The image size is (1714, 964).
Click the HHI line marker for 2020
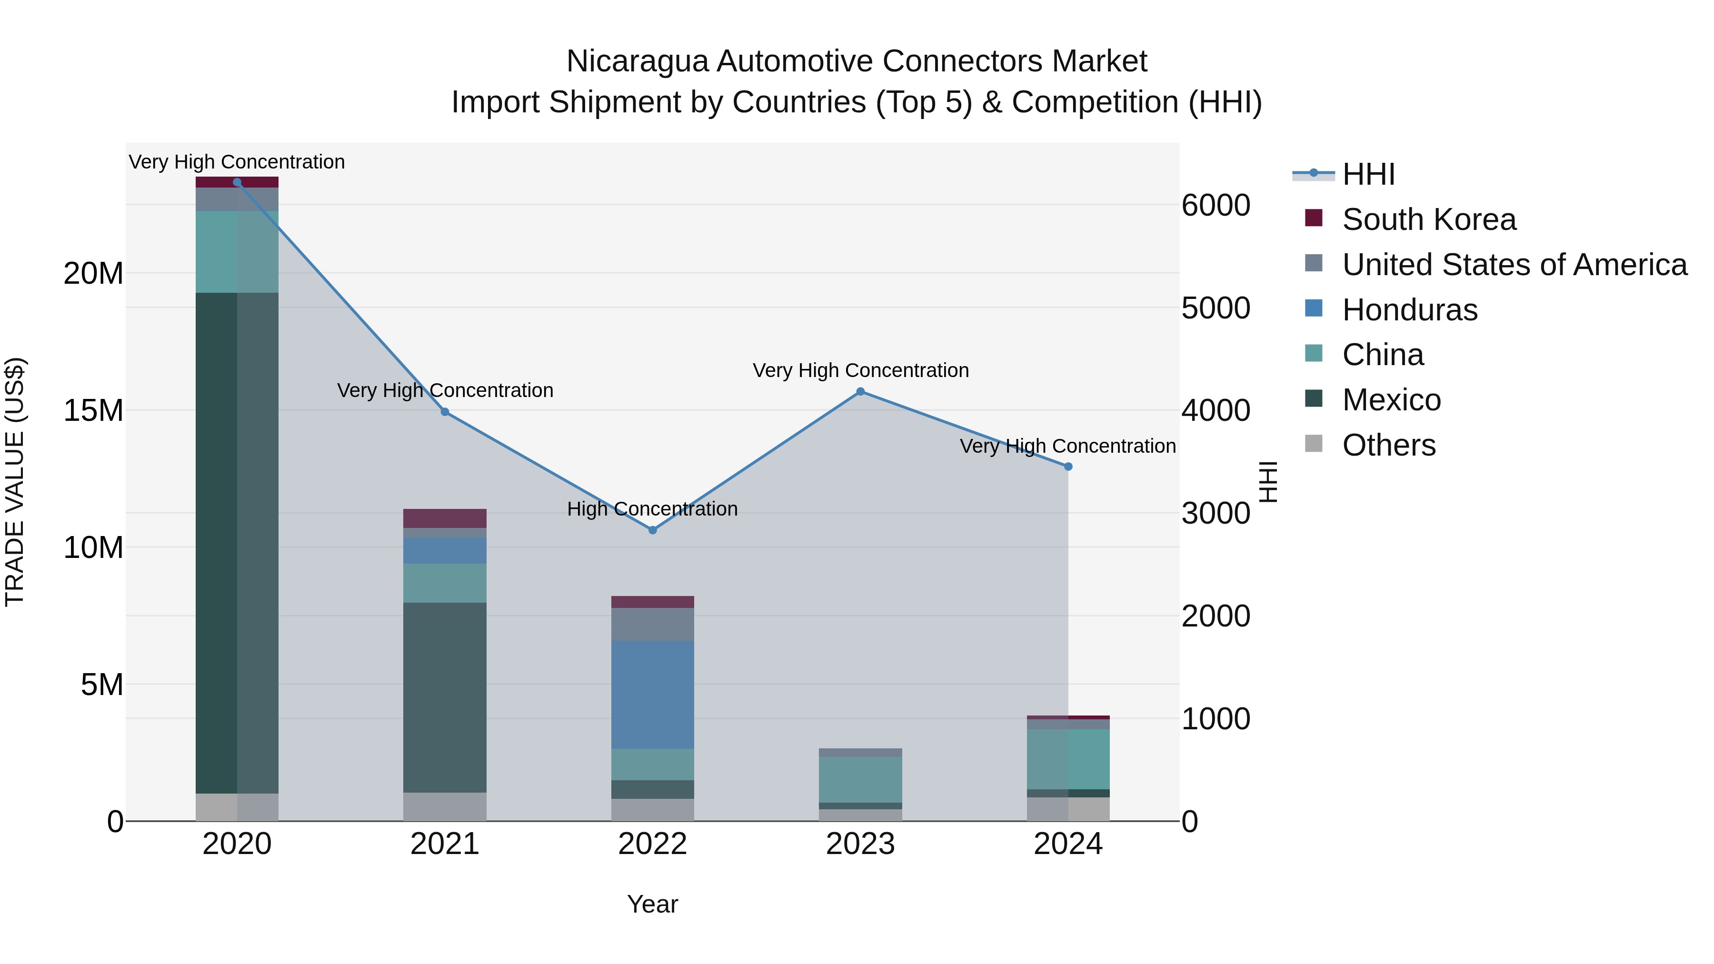pyautogui.click(x=237, y=182)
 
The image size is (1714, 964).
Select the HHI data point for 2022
pyautogui.click(x=652, y=530)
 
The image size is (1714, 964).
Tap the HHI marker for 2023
pyautogui.click(x=860, y=392)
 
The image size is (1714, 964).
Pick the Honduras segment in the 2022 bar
pyautogui.click(x=652, y=694)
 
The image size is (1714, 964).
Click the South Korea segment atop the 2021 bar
pyautogui.click(x=445, y=518)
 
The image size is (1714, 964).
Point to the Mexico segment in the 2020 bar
pyautogui.click(x=237, y=542)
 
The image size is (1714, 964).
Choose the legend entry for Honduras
pyautogui.click(x=1409, y=310)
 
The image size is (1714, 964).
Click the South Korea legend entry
pyautogui.click(x=1428, y=219)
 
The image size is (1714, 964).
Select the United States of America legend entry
pyautogui.click(x=1514, y=265)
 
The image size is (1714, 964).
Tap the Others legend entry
pyautogui.click(x=1389, y=445)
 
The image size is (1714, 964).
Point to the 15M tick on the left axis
pyautogui.click(x=93, y=410)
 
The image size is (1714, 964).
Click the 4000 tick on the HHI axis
pyautogui.click(x=1215, y=410)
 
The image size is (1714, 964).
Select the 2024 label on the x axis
pyautogui.click(x=1067, y=844)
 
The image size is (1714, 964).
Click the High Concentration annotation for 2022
pyautogui.click(x=652, y=509)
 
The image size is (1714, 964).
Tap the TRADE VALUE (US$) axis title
pyautogui.click(x=15, y=482)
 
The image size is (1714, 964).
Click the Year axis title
pyautogui.click(x=652, y=904)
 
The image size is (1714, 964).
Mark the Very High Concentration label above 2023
pyautogui.click(x=860, y=370)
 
